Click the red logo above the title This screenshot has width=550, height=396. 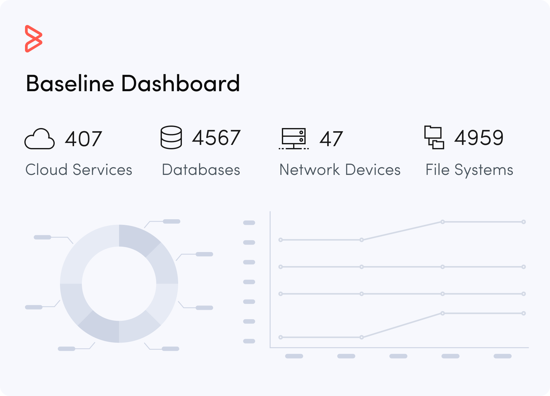33,38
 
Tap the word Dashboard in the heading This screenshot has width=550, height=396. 180,84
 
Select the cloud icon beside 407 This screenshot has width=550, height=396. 40,139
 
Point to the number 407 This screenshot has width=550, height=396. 83,139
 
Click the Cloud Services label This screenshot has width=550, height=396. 79,170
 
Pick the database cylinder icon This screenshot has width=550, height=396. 171,137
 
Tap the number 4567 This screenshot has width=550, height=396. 216,138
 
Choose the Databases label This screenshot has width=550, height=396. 201,170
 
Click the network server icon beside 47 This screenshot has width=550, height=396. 293,138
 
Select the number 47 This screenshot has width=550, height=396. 331,139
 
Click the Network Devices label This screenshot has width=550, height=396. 340,170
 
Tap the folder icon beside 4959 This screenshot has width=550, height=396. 434,137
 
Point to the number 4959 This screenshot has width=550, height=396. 479,138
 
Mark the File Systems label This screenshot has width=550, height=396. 469,170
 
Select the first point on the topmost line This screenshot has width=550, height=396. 281,240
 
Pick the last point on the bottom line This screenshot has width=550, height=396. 523,313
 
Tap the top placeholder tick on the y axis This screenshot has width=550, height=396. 249,223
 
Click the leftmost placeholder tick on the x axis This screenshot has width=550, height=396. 294,356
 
